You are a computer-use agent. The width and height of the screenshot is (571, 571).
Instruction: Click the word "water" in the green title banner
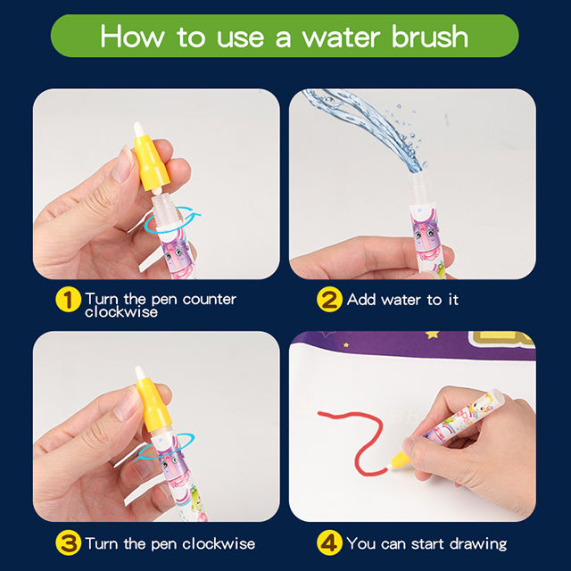click(341, 37)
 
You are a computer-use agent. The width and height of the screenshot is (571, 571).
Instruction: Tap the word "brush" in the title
click(430, 37)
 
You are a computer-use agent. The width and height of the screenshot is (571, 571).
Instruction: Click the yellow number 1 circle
click(68, 300)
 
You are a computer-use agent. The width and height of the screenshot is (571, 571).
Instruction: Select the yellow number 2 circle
click(329, 300)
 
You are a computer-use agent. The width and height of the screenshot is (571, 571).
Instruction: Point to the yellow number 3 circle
click(68, 543)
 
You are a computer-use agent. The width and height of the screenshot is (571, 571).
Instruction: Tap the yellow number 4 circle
click(329, 543)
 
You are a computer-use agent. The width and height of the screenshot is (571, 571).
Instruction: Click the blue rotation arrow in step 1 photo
click(171, 219)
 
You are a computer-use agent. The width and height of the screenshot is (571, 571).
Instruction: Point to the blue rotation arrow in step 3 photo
click(164, 447)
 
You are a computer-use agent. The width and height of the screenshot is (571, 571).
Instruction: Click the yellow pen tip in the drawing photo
click(400, 460)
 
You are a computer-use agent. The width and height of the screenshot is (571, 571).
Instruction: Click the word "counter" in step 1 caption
click(210, 300)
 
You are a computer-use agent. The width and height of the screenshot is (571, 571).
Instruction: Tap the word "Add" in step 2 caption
click(361, 300)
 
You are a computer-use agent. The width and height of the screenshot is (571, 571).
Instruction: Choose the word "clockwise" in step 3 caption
click(219, 543)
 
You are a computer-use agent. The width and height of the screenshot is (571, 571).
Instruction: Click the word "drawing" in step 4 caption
click(478, 544)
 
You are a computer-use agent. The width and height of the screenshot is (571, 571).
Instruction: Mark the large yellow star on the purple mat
click(432, 335)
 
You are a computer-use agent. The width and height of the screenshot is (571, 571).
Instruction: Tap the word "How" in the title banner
click(132, 37)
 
